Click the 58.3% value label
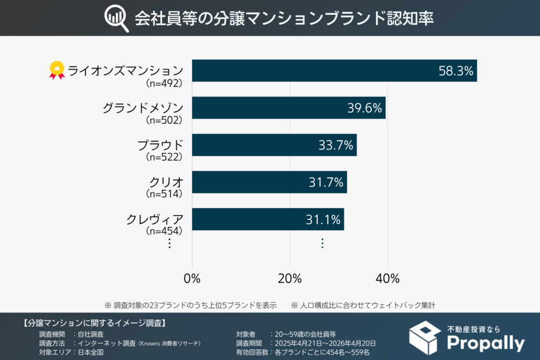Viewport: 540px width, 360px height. (456, 71)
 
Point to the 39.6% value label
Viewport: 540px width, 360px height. (364, 108)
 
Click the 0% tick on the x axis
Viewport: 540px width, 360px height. (192, 278)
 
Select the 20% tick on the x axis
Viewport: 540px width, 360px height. (290, 278)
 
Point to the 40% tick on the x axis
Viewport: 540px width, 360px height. (388, 278)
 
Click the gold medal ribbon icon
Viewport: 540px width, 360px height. (56, 71)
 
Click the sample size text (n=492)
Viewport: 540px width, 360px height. (163, 83)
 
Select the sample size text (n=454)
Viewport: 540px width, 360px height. (163, 231)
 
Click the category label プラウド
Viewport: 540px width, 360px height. (160, 145)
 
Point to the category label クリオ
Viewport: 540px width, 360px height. (166, 182)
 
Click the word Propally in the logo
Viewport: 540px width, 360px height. (485, 343)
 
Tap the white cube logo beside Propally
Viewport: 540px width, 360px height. (427, 337)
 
